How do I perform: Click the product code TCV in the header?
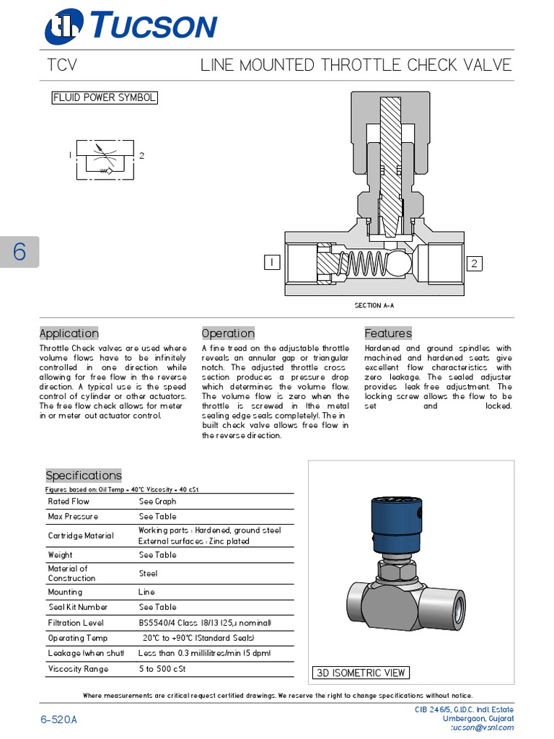(61, 66)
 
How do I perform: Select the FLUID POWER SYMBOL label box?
(105, 97)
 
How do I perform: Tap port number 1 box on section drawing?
(272, 263)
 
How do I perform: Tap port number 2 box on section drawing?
(474, 263)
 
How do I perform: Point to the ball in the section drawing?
(396, 265)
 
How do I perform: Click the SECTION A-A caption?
(374, 305)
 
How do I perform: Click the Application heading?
(69, 333)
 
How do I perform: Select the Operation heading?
(228, 333)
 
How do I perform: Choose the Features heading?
(388, 333)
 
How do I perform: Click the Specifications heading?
(84, 476)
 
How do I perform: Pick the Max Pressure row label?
(73, 517)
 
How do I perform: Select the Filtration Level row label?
(76, 623)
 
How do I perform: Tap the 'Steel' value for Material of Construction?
(148, 574)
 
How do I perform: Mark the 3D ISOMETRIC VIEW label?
(361, 673)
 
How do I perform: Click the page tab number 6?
(19, 252)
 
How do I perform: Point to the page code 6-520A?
(58, 720)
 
